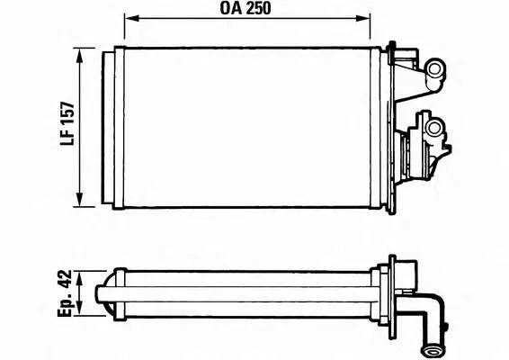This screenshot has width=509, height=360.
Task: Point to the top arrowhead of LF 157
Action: pos(82,53)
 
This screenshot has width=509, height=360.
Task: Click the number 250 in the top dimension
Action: pos(259,10)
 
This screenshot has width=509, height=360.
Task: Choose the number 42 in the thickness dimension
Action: pos(65,280)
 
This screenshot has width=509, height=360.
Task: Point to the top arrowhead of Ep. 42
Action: pos(82,274)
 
